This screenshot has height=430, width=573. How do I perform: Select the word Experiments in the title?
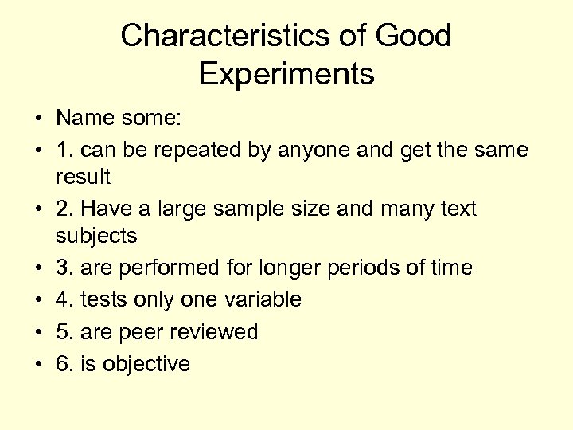point(286,74)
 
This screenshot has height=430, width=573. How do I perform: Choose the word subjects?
point(96,236)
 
